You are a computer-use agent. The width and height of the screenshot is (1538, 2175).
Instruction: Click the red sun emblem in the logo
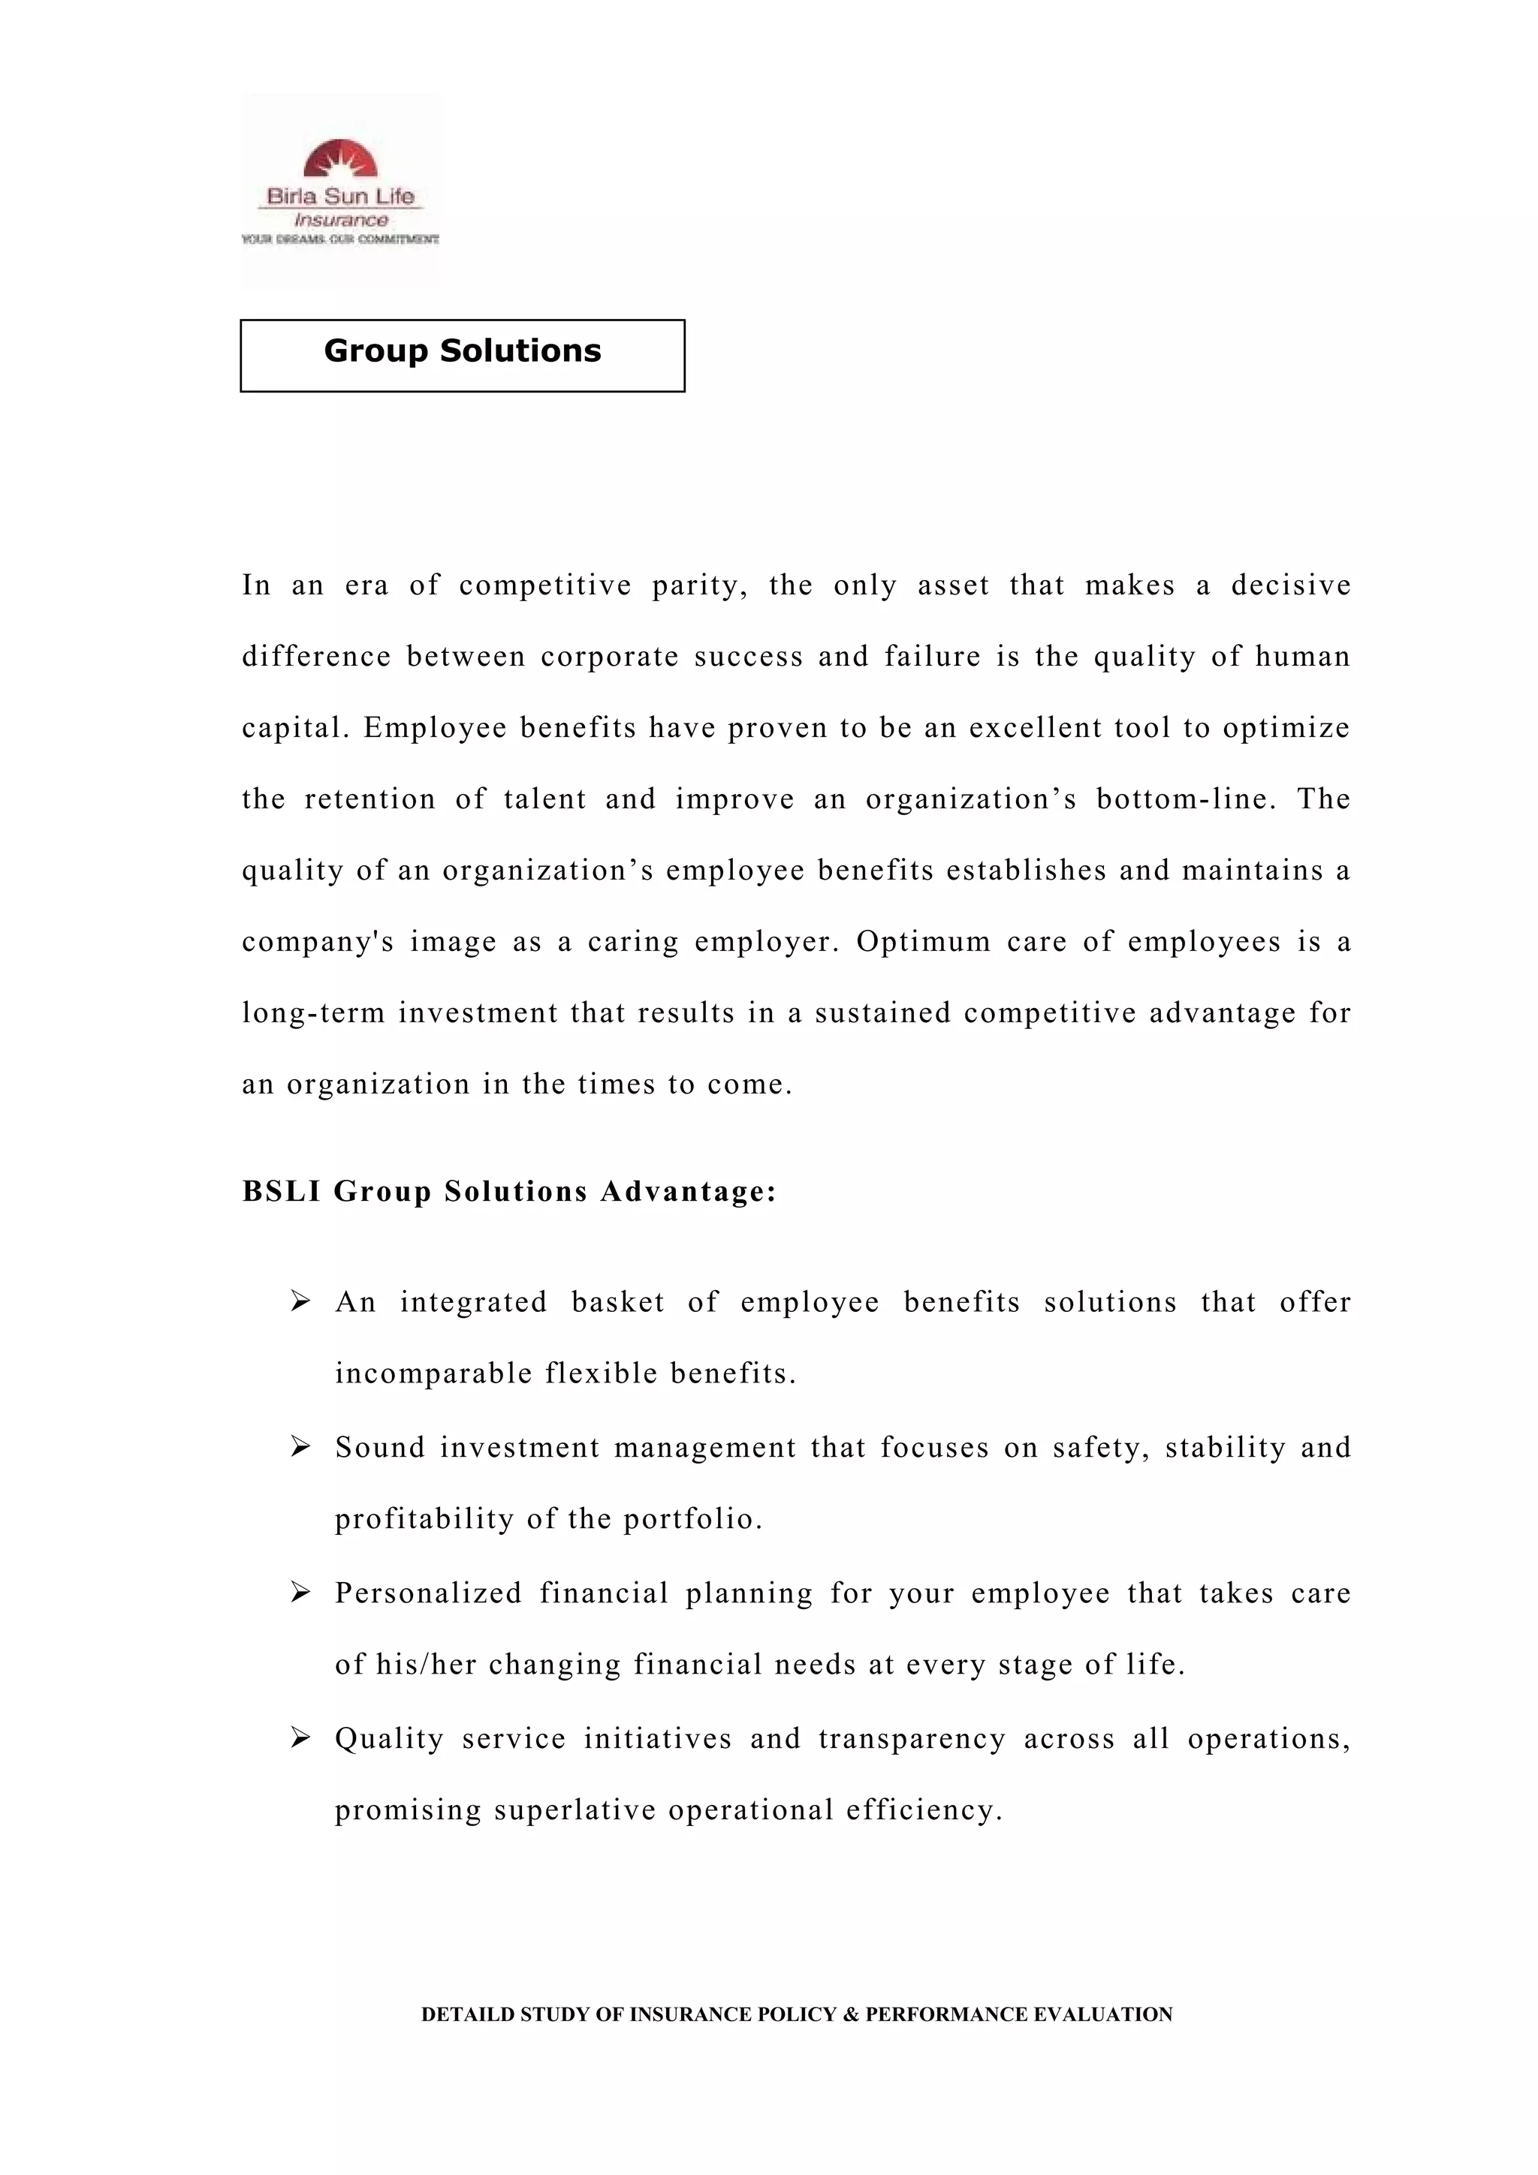[340, 159]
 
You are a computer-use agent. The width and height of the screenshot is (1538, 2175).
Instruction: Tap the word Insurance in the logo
[340, 220]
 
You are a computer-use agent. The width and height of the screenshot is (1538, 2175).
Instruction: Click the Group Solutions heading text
[463, 351]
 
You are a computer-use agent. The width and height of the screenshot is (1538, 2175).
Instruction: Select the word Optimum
[923, 943]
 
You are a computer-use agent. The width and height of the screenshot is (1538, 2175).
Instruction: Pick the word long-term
[312, 1014]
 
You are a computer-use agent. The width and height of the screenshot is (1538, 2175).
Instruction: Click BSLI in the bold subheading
[281, 1192]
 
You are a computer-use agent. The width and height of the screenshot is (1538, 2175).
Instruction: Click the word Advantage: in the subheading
[688, 1192]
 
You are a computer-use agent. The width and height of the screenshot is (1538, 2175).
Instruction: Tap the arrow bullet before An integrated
[300, 1301]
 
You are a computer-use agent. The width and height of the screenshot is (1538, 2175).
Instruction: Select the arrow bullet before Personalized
[300, 1593]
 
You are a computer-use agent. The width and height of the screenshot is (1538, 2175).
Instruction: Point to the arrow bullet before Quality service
[300, 1738]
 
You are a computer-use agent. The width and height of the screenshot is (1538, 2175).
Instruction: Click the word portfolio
[692, 1520]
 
